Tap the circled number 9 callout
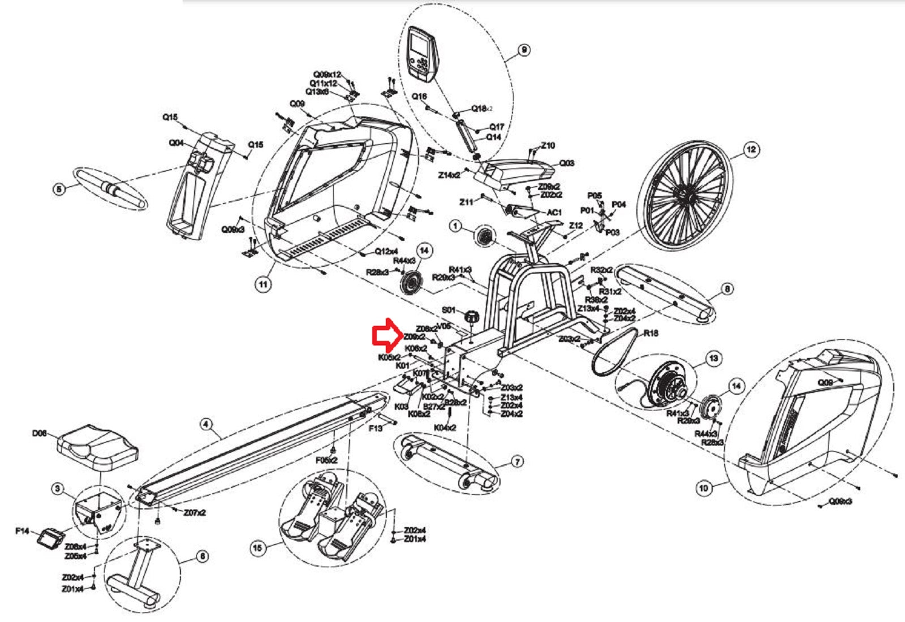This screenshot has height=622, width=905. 524,50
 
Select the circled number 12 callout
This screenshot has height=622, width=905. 751,150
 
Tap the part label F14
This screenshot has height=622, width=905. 22,531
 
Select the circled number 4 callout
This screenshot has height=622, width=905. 206,424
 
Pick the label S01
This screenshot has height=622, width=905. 449,310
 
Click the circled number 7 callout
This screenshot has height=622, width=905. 517,462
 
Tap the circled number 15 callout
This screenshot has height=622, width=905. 258,547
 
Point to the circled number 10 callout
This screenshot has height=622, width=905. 704,487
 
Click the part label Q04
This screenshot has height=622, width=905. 176,143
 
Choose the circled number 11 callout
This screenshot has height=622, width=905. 263,284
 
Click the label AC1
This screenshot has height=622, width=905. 554,212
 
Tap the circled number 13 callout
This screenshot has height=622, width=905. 714,358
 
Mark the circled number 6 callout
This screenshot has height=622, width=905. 202,556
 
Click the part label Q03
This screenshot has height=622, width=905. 567,163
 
